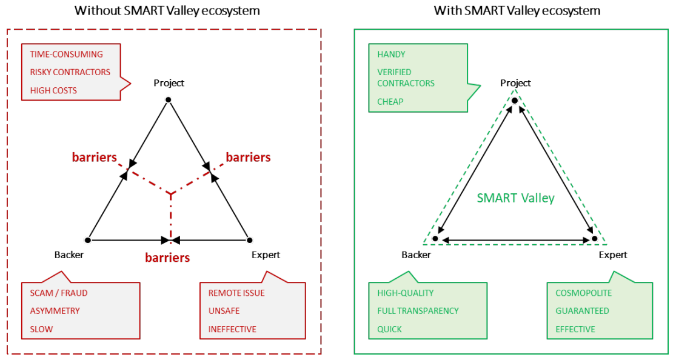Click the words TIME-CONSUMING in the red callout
pyautogui.click(x=66, y=54)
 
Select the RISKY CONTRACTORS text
pyautogui.click(x=70, y=72)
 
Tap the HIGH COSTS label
pyautogui.click(x=53, y=90)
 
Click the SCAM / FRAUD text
pyautogui.click(x=58, y=293)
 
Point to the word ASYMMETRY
pyautogui.click(x=55, y=311)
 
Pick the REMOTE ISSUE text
pyautogui.click(x=236, y=293)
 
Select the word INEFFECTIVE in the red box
pyautogui.click(x=232, y=329)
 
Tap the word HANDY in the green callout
pyautogui.click(x=391, y=54)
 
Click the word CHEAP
pyautogui.click(x=390, y=101)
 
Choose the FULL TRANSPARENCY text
pyautogui.click(x=418, y=311)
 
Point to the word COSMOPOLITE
pyautogui.click(x=584, y=293)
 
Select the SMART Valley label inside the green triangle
pyautogui.click(x=515, y=198)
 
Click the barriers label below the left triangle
pyautogui.click(x=167, y=258)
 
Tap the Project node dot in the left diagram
pyautogui.click(x=168, y=99)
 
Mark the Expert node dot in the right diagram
pyautogui.click(x=595, y=239)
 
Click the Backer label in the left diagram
pyautogui.click(x=69, y=255)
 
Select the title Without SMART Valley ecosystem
pyautogui.click(x=167, y=10)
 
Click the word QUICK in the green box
pyautogui.click(x=389, y=329)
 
